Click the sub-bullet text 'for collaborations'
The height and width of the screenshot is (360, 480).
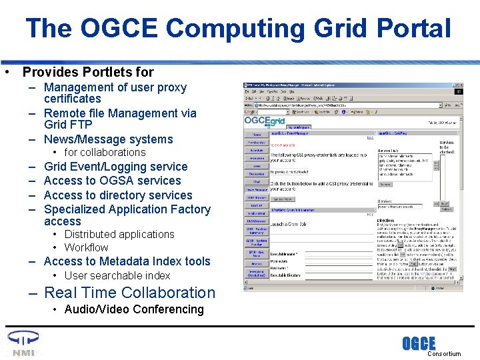(105, 152)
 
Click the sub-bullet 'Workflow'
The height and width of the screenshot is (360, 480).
(86, 247)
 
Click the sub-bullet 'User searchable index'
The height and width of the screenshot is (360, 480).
(117, 275)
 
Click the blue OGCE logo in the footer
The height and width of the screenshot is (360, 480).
(419, 344)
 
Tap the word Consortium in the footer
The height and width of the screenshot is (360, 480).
(443, 354)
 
